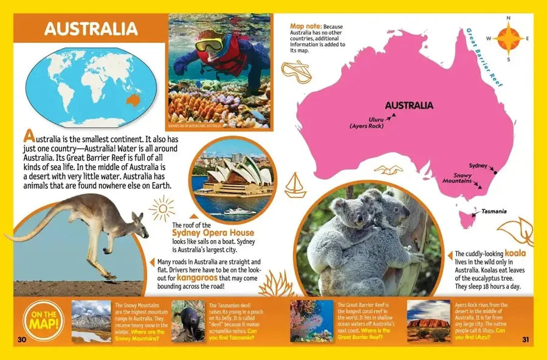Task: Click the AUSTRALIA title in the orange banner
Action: (x=91, y=29)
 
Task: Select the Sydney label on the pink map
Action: (x=477, y=165)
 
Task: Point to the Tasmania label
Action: (x=494, y=212)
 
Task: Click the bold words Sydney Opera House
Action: (x=213, y=233)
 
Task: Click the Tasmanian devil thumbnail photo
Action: (x=188, y=320)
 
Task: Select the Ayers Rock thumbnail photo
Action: (x=428, y=320)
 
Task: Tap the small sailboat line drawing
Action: (x=295, y=184)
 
